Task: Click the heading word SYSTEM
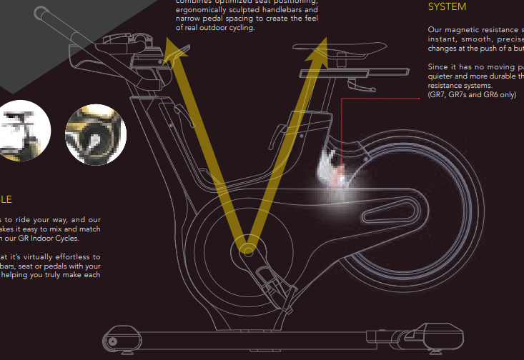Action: (447, 7)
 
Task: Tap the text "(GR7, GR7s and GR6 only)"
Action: (471, 94)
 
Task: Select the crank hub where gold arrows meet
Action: (247, 249)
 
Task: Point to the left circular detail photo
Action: (24, 131)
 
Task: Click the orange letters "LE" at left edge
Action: (6, 200)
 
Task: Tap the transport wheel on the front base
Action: (112, 341)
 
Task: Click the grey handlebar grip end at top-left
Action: (41, 12)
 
